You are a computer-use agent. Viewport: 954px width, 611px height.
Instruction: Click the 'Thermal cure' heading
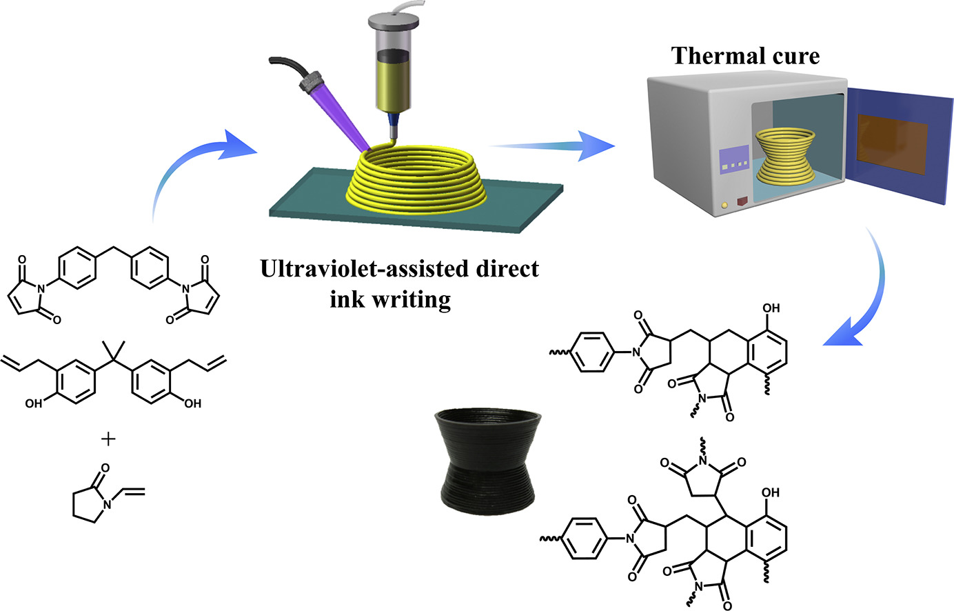click(746, 55)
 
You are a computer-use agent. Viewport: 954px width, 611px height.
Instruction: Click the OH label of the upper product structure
click(772, 309)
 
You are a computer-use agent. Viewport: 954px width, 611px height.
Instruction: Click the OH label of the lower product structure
click(771, 492)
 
